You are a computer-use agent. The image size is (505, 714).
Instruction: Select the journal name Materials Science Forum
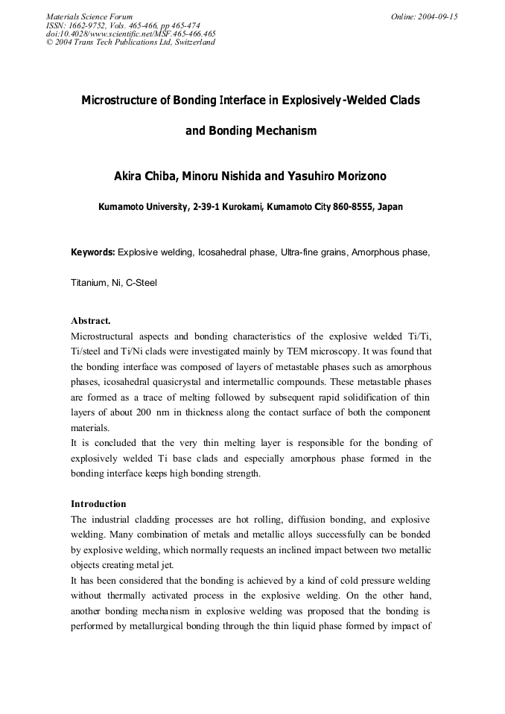89,16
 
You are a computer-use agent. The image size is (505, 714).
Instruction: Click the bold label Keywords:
92,252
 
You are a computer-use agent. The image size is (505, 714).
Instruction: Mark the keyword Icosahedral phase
236,252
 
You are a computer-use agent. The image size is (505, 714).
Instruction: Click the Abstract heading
91,321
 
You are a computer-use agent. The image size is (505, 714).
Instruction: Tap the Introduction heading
98,504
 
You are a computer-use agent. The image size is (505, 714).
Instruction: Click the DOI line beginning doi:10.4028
131,34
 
